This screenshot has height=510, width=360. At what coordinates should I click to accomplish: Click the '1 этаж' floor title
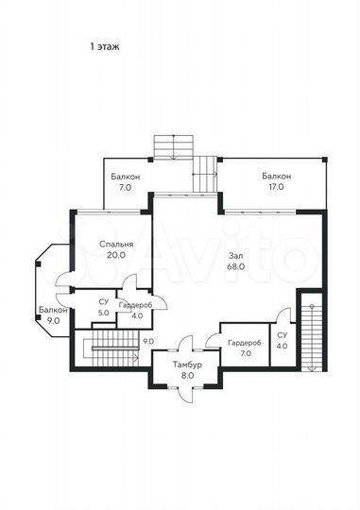tap(104, 44)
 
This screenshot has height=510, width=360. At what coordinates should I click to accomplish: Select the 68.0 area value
tap(236, 267)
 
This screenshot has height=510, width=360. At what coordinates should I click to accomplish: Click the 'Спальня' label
tap(116, 244)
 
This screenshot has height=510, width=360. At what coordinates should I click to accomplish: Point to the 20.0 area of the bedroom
tap(116, 255)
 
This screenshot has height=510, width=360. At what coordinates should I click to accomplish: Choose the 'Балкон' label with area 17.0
tap(276, 177)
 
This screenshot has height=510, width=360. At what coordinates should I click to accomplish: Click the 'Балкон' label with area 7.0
tap(126, 177)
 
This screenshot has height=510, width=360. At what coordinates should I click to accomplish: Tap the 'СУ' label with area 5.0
tap(103, 302)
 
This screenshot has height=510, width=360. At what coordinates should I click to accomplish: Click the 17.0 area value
tap(276, 188)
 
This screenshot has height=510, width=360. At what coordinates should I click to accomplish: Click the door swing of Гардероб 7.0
tap(214, 338)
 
